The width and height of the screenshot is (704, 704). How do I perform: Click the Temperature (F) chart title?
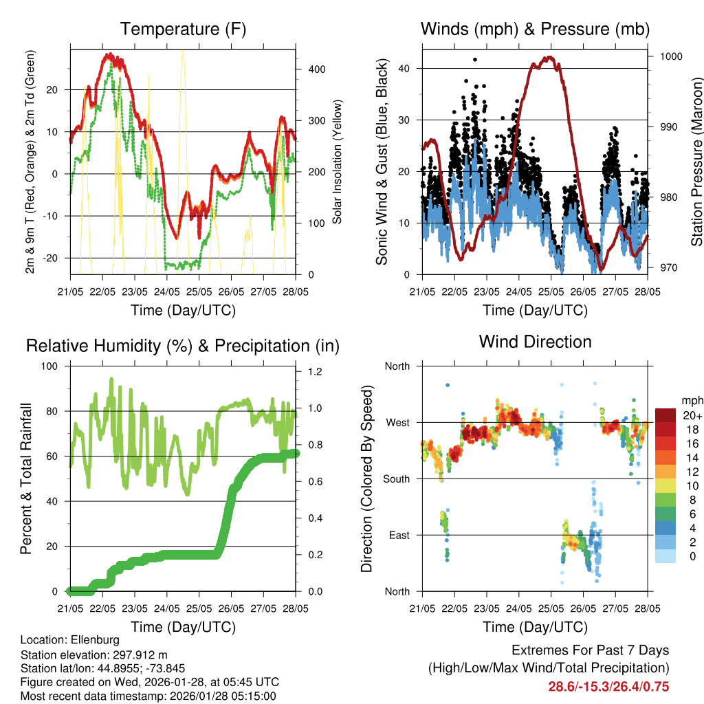pyautogui.click(x=183, y=29)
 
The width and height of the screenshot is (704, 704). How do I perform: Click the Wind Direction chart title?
pyautogui.click(x=535, y=341)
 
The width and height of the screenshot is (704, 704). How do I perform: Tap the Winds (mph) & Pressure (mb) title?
pyautogui.click(x=535, y=29)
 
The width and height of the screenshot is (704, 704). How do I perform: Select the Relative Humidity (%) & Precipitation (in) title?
pyautogui.click(x=183, y=346)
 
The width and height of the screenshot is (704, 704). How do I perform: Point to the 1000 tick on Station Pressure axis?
pyautogui.click(x=670, y=56)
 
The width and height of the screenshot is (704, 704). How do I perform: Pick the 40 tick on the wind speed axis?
pyautogui.click(x=405, y=68)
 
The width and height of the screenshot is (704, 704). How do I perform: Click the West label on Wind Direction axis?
pyautogui.click(x=397, y=423)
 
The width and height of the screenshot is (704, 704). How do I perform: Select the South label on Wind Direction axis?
pyautogui.click(x=397, y=478)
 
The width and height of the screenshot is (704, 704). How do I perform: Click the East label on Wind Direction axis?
pyautogui.click(x=399, y=535)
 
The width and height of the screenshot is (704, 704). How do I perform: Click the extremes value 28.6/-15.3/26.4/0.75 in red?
pyautogui.click(x=608, y=686)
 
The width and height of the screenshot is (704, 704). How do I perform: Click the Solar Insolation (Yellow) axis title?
pyautogui.click(x=337, y=162)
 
